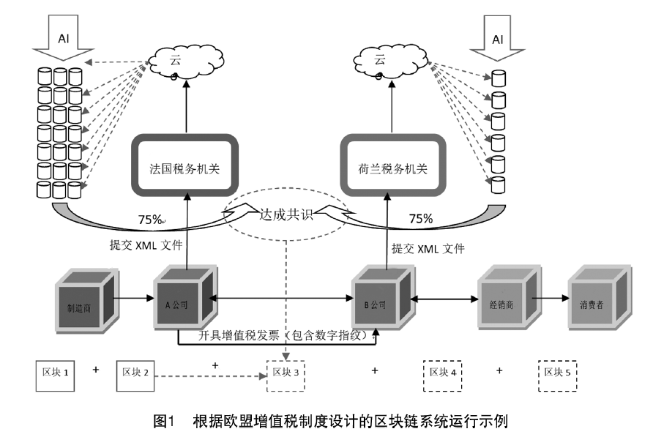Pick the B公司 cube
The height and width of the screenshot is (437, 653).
pyautogui.click(x=378, y=302)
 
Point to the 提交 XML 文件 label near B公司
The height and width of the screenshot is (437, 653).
pyautogui.click(x=428, y=247)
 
